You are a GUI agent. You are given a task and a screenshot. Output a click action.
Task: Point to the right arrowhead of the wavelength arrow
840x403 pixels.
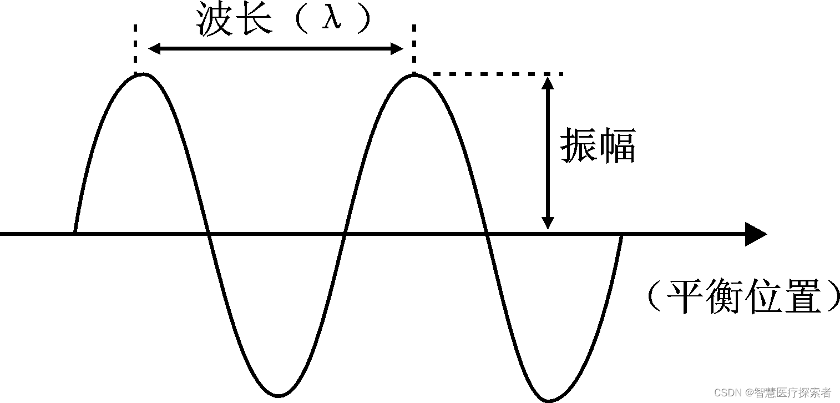coord(397,49)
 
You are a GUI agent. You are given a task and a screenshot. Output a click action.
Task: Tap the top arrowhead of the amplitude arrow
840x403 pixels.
coord(548,83)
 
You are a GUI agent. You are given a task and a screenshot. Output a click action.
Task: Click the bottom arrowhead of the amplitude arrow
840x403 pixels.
coord(548,222)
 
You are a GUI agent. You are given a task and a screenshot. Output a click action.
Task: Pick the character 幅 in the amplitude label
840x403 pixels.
coord(616,145)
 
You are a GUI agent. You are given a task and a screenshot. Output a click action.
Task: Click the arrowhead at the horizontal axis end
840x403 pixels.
coord(755,234)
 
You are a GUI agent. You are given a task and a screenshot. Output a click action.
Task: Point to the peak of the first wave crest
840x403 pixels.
coord(143,74)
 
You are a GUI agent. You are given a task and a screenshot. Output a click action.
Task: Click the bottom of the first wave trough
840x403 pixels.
coord(279,395)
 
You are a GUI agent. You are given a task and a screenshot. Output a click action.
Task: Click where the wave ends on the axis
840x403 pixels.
coord(621,235)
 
